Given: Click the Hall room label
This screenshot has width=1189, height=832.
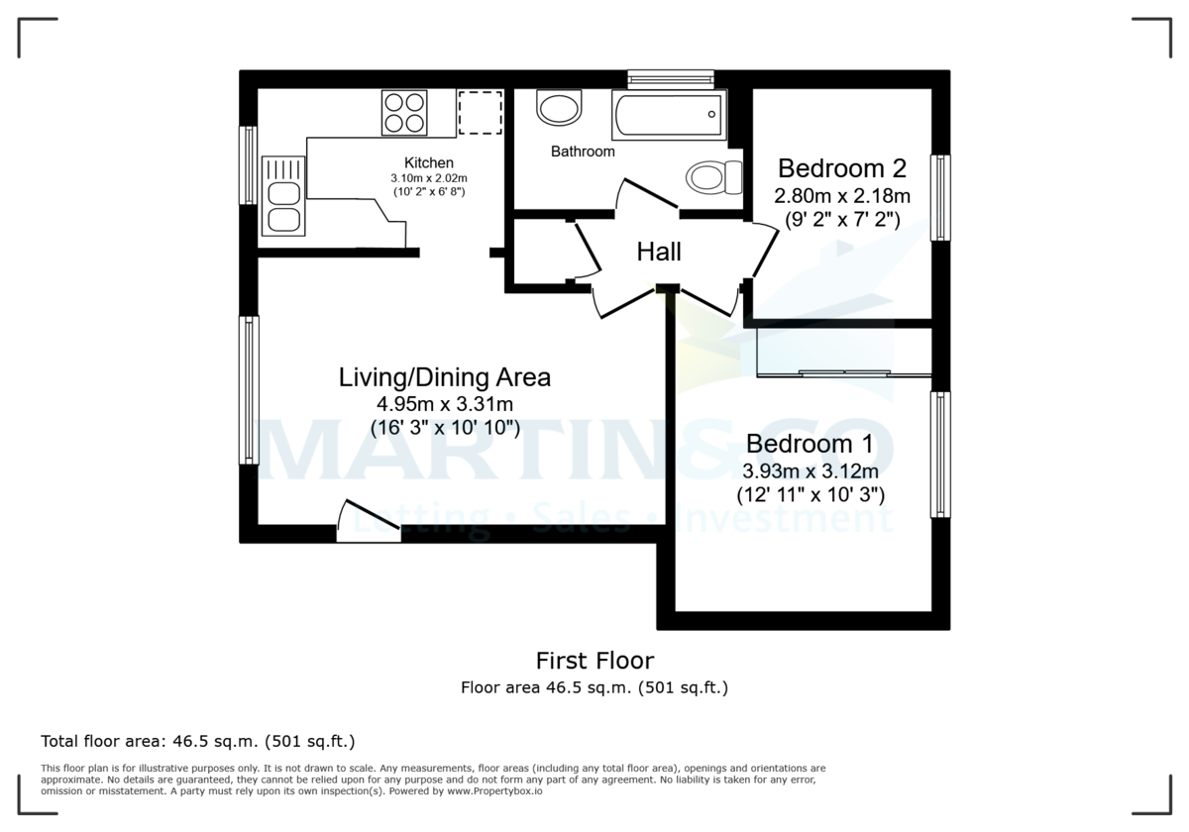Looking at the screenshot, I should [x=659, y=253].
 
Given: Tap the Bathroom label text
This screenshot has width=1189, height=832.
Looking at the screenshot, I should [x=583, y=152].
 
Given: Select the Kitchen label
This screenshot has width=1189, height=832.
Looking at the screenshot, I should [x=428, y=162].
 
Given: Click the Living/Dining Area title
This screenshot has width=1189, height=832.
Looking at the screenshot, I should [x=445, y=377].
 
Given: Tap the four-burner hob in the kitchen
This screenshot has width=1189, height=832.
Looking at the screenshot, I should [x=404, y=112].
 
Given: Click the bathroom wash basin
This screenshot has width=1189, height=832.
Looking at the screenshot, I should [x=560, y=108].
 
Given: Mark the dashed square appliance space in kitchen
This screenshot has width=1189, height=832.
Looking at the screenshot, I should [x=481, y=112].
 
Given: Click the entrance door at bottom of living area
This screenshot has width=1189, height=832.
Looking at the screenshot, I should [x=369, y=522].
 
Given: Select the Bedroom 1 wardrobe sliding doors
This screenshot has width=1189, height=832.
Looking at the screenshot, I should [x=843, y=373].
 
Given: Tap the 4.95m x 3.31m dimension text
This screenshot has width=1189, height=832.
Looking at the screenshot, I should [x=445, y=404].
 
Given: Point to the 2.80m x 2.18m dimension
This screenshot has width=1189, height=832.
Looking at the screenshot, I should [x=843, y=194].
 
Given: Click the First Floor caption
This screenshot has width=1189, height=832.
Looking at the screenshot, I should [x=594, y=661].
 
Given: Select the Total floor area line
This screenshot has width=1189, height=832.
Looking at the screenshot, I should [x=197, y=741].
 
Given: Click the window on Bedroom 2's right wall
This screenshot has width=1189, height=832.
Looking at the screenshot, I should [x=940, y=197].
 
